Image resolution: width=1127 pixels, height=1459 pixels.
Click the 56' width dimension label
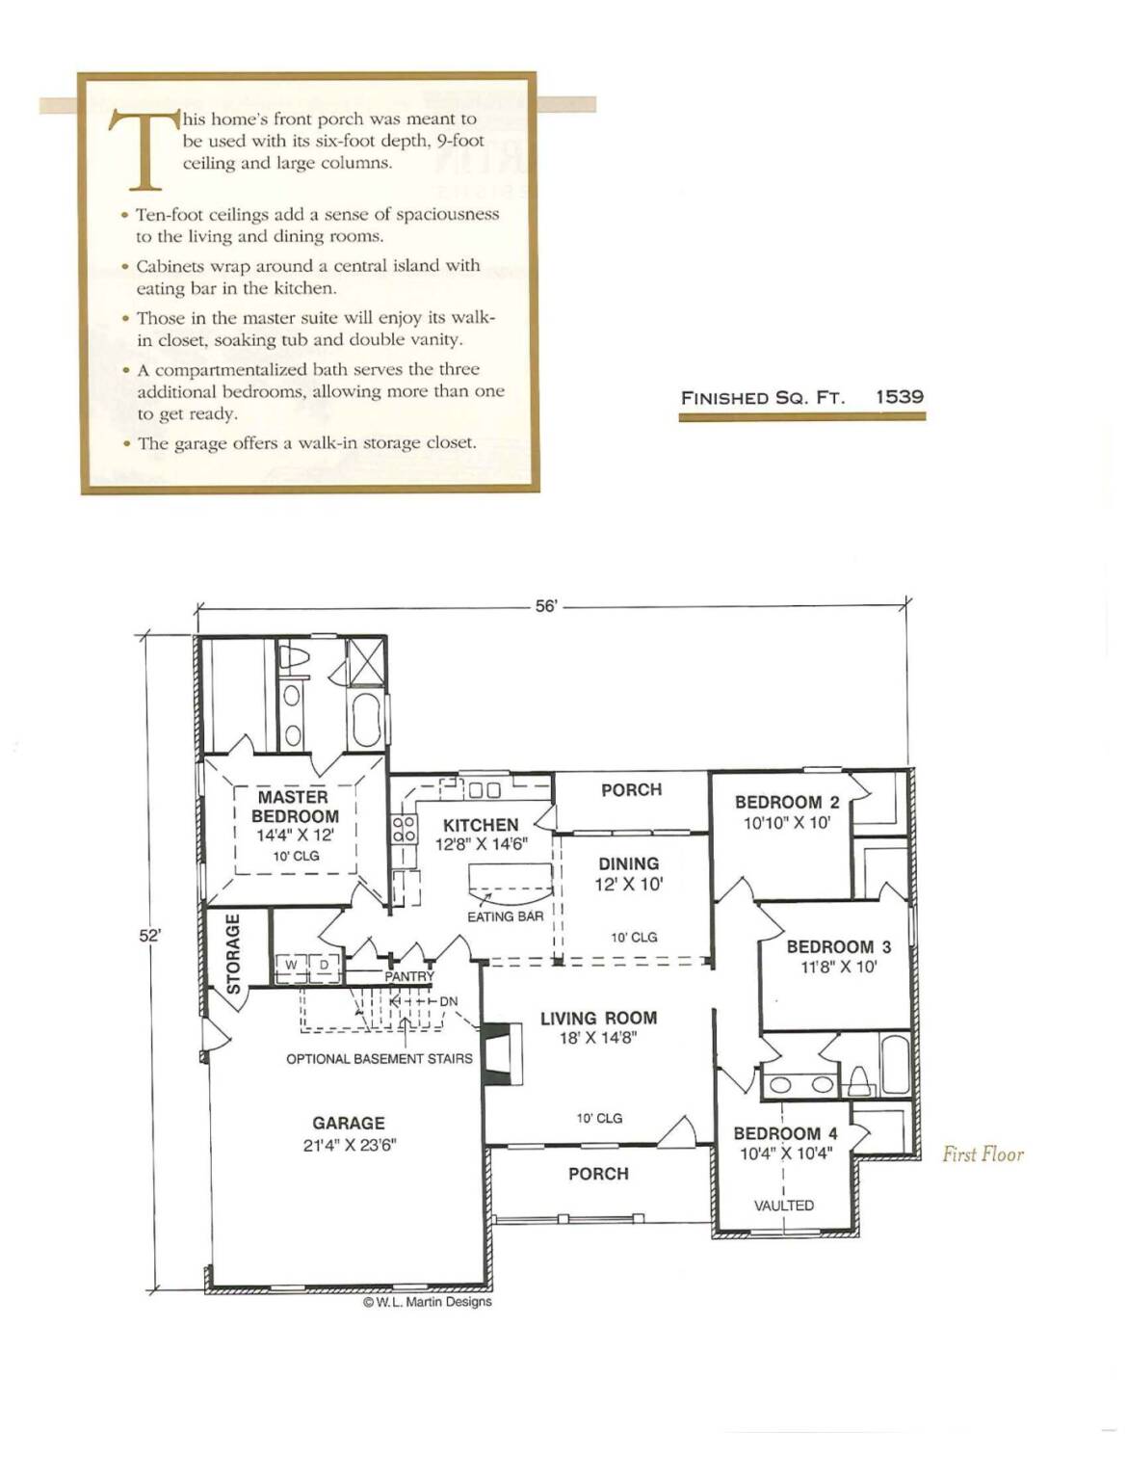(x=546, y=605)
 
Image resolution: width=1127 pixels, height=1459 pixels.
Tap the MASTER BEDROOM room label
(x=295, y=807)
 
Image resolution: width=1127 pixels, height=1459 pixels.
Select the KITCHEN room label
(x=481, y=825)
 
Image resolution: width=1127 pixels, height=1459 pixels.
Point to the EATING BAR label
(x=505, y=916)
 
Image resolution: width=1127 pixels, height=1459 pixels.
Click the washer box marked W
(x=291, y=966)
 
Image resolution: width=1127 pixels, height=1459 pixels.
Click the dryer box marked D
(x=324, y=966)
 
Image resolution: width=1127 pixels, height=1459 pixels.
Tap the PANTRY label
(x=409, y=976)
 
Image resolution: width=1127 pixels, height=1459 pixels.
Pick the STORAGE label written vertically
(x=233, y=954)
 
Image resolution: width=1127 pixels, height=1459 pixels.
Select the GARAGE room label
(x=349, y=1124)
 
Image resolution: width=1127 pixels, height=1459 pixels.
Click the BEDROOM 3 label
(x=839, y=946)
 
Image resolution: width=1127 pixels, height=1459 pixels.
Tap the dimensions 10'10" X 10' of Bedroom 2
(x=787, y=822)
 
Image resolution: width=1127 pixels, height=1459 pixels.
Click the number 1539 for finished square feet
(x=900, y=396)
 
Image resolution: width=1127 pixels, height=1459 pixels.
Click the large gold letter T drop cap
(x=145, y=148)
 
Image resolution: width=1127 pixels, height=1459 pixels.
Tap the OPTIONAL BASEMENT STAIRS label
(x=379, y=1059)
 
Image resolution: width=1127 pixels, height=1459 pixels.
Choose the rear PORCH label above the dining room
(x=631, y=789)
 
